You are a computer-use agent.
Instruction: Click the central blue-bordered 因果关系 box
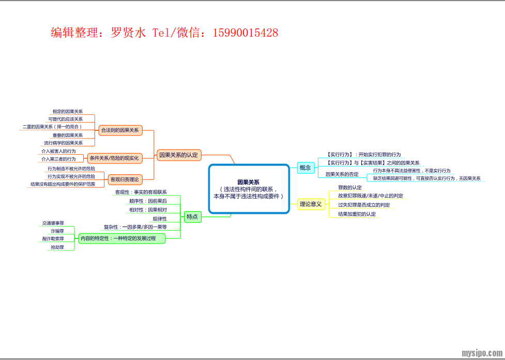point(249,189)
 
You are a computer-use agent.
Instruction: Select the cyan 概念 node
point(305,168)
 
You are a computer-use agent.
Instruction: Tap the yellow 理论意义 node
point(311,204)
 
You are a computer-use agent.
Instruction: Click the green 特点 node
point(192,217)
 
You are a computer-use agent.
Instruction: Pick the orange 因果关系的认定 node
point(179,155)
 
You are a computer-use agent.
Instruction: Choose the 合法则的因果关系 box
point(120,130)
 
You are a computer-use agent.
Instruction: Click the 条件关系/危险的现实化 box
point(114,158)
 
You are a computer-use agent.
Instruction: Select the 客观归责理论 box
point(124,179)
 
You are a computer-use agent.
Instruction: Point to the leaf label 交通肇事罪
point(53,223)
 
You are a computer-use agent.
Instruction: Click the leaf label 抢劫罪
point(57,248)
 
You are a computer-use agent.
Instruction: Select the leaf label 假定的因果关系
point(67,112)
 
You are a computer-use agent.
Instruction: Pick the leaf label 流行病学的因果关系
point(63,143)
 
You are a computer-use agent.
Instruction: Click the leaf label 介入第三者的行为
point(58,159)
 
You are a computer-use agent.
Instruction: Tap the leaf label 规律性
point(159,219)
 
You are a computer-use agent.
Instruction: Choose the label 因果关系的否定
point(342,174)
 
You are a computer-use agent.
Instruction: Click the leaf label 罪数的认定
point(350,187)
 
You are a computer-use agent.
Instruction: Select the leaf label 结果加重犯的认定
point(357,214)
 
